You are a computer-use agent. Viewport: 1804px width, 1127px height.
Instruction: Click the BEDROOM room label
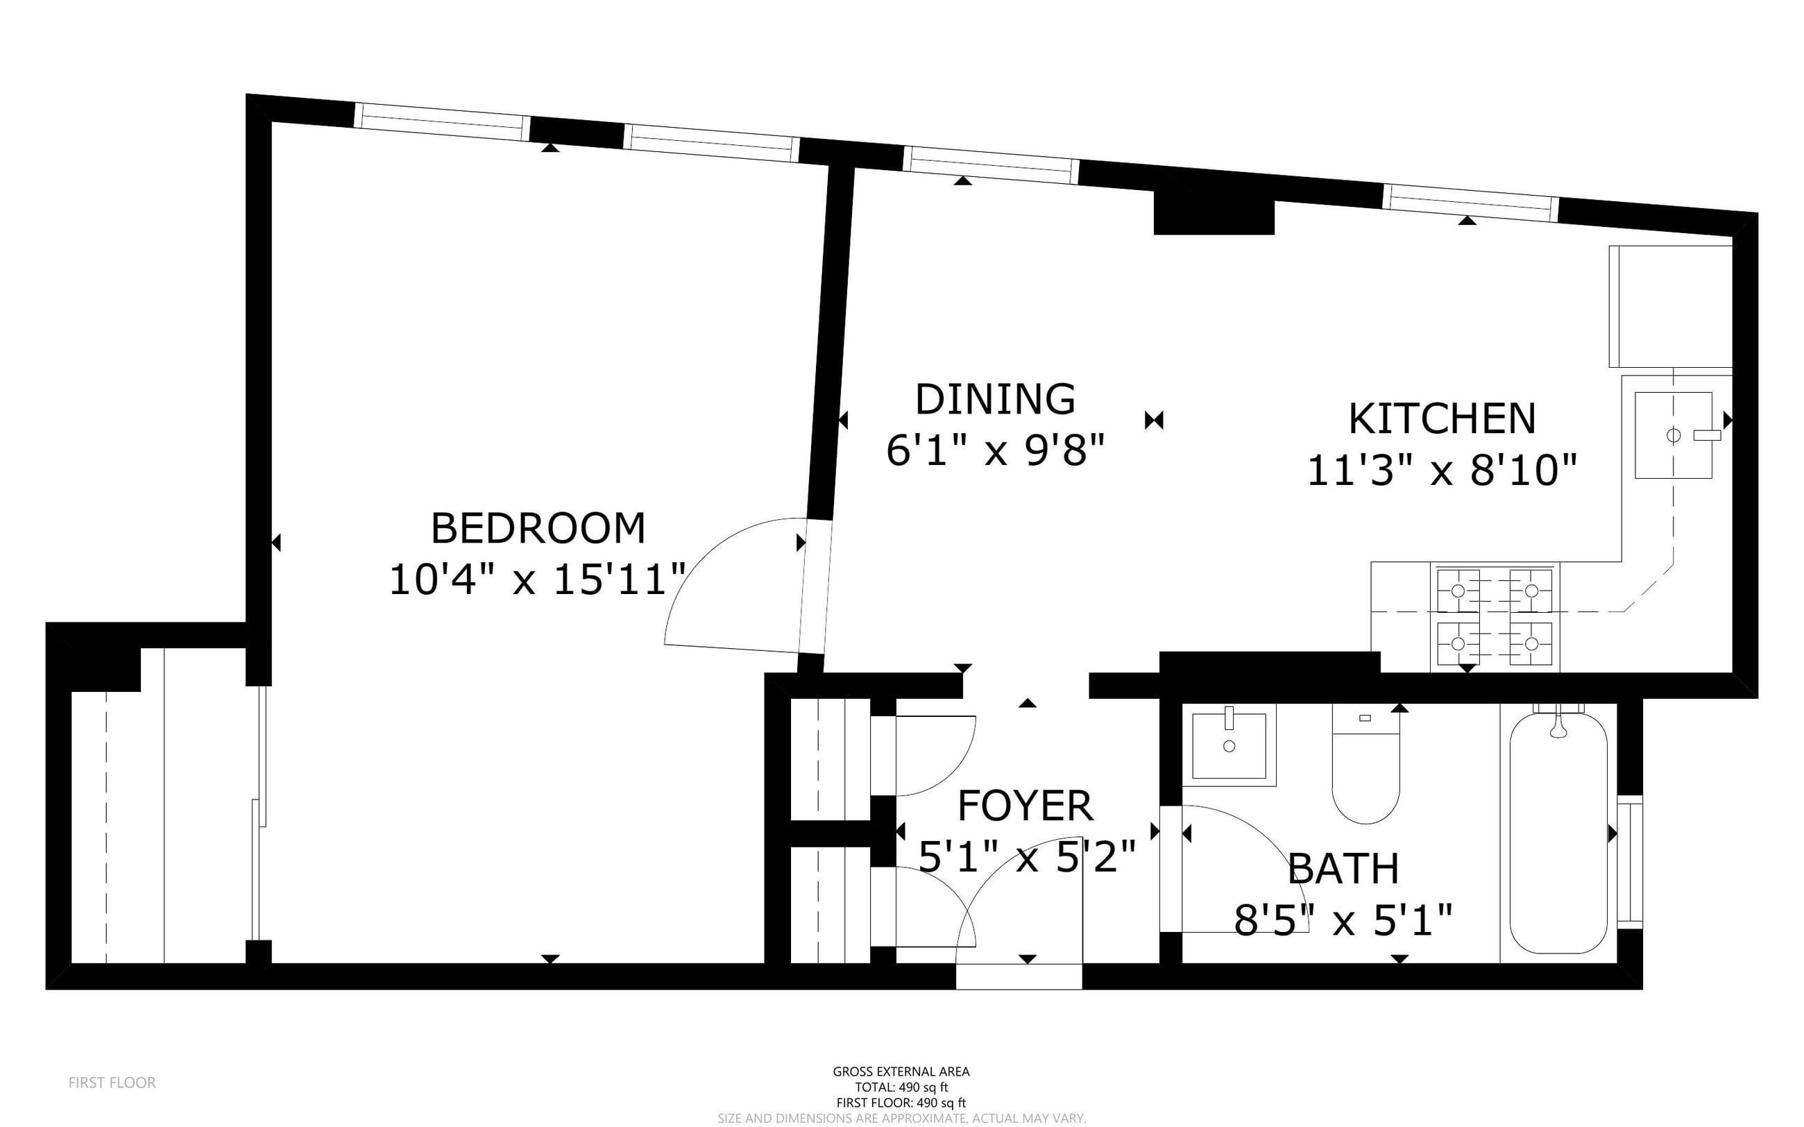click(538, 529)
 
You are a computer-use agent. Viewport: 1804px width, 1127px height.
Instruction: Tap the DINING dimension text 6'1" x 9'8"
click(996, 450)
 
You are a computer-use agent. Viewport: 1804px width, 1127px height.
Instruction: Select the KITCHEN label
click(1442, 419)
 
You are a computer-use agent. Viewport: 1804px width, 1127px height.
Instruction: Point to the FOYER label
click(1025, 806)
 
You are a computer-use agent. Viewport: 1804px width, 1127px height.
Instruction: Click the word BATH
click(1343, 868)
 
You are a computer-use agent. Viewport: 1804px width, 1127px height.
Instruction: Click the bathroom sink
click(1229, 745)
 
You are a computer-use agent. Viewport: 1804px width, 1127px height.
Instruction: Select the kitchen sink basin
click(1674, 434)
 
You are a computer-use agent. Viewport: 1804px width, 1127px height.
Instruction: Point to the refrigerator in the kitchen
click(1671, 306)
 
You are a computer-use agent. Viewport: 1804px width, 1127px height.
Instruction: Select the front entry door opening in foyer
click(1019, 976)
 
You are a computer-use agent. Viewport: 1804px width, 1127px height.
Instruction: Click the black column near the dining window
click(1214, 212)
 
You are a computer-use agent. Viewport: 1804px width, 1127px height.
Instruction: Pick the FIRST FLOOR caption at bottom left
click(112, 1083)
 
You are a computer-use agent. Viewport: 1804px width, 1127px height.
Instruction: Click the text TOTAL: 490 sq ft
click(901, 1087)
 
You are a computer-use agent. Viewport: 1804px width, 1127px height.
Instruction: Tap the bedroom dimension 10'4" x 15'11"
click(538, 579)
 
